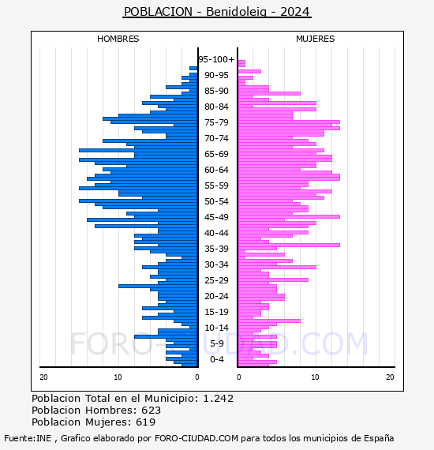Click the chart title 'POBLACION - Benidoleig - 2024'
(217, 12)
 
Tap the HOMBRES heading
(118, 39)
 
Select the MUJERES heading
(316, 39)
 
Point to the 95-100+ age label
(216, 59)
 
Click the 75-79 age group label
(216, 122)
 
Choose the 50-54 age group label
(216, 201)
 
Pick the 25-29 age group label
(216, 280)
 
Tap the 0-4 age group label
(217, 359)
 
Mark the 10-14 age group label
(216, 328)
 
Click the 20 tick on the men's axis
(43, 377)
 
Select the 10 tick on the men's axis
(118, 377)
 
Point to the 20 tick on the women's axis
(390, 377)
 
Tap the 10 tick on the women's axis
(315, 377)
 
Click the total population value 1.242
(219, 399)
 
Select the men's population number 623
(152, 410)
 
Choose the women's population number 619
(146, 422)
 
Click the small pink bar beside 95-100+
(241, 63)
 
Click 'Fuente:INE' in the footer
(28, 438)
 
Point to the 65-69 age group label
(216, 154)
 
